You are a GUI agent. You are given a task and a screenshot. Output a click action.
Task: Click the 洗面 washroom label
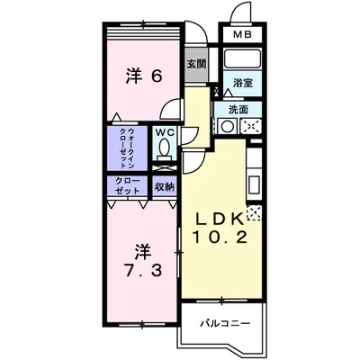(238, 109)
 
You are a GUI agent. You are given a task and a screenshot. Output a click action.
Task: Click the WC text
(164, 133)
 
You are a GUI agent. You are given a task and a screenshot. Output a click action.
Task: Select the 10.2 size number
(219, 238)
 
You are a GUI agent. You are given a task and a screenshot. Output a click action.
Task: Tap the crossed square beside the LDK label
(254, 213)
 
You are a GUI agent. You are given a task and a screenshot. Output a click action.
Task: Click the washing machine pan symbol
(250, 127)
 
